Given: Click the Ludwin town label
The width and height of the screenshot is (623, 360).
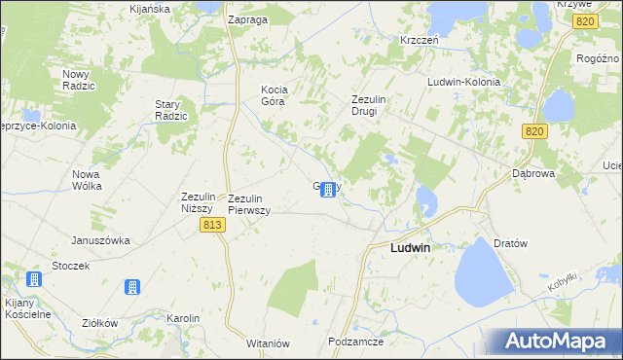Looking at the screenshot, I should (410, 248).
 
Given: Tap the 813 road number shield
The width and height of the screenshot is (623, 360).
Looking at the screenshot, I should (214, 225).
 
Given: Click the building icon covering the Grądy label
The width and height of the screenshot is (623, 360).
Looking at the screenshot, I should (329, 189).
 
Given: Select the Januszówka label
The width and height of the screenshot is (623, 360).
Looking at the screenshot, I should (100, 240).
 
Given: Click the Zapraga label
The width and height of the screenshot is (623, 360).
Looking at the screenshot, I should (247, 19).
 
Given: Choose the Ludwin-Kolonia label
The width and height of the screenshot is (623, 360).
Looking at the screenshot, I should (463, 82).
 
